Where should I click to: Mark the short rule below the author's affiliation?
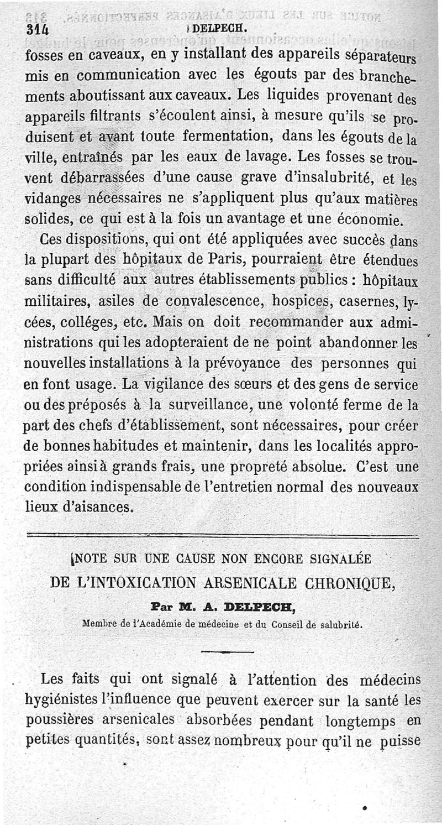[227, 652]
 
